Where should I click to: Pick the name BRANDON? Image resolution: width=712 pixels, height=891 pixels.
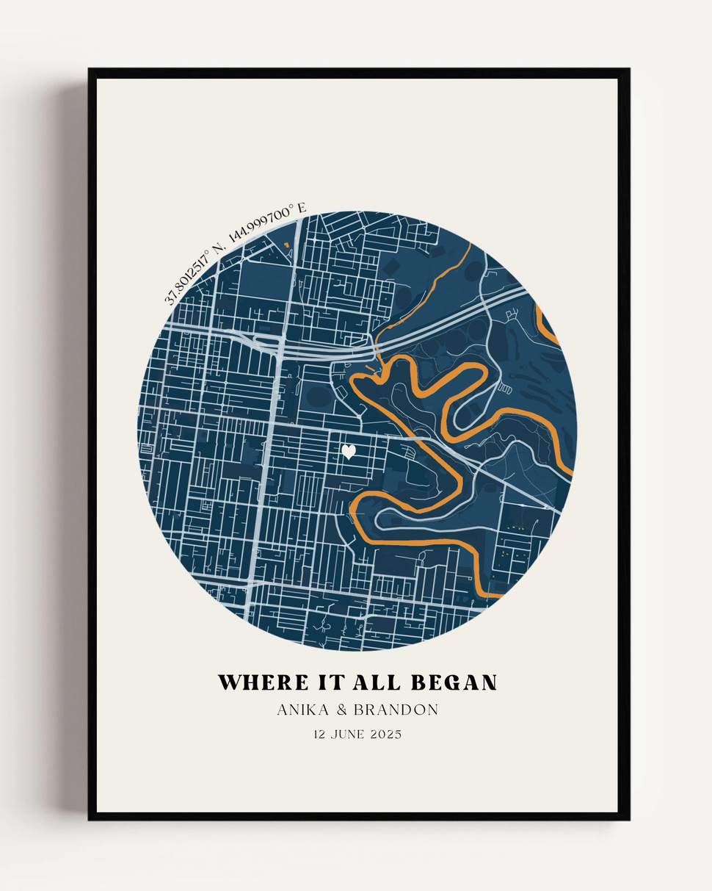396,710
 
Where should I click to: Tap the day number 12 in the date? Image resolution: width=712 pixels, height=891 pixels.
320,735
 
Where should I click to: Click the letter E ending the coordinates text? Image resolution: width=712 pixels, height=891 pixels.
302,209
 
